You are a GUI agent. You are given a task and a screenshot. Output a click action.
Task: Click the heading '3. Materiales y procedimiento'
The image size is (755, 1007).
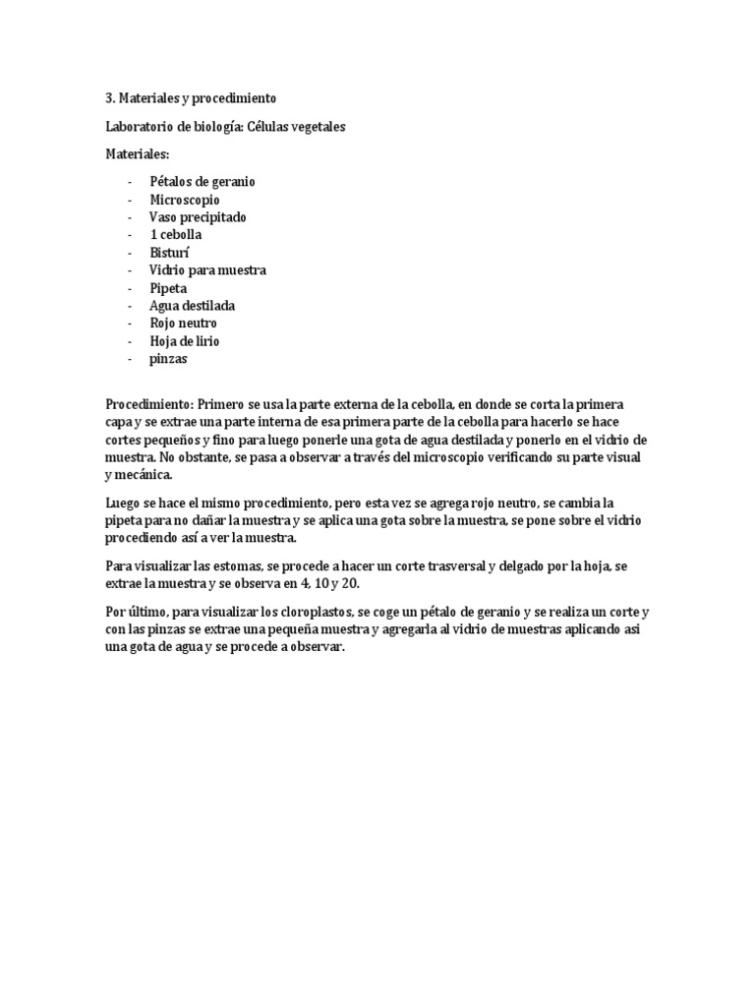point(191,98)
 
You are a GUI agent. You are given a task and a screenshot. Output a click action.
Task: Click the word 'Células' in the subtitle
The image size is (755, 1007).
point(273,127)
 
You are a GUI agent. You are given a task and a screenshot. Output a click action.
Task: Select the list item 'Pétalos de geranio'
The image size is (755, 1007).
point(203,182)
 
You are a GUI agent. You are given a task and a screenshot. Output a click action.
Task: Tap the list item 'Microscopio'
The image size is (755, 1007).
point(185,200)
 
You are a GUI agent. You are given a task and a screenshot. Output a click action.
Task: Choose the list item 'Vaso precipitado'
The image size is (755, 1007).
point(198,217)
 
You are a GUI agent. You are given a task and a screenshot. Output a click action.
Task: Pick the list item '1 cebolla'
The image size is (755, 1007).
point(176,235)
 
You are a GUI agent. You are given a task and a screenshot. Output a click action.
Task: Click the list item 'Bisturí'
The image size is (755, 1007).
point(170,253)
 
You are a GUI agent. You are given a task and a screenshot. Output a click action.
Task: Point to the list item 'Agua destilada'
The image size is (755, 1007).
point(192,306)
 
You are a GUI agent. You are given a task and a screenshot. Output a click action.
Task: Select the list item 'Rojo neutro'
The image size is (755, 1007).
point(183,324)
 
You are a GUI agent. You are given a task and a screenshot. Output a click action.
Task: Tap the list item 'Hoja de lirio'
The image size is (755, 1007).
point(185,341)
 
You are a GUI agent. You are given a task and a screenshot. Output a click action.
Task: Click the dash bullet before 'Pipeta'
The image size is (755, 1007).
point(131,288)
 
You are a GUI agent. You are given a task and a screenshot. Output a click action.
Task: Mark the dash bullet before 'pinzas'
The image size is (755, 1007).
point(131,359)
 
